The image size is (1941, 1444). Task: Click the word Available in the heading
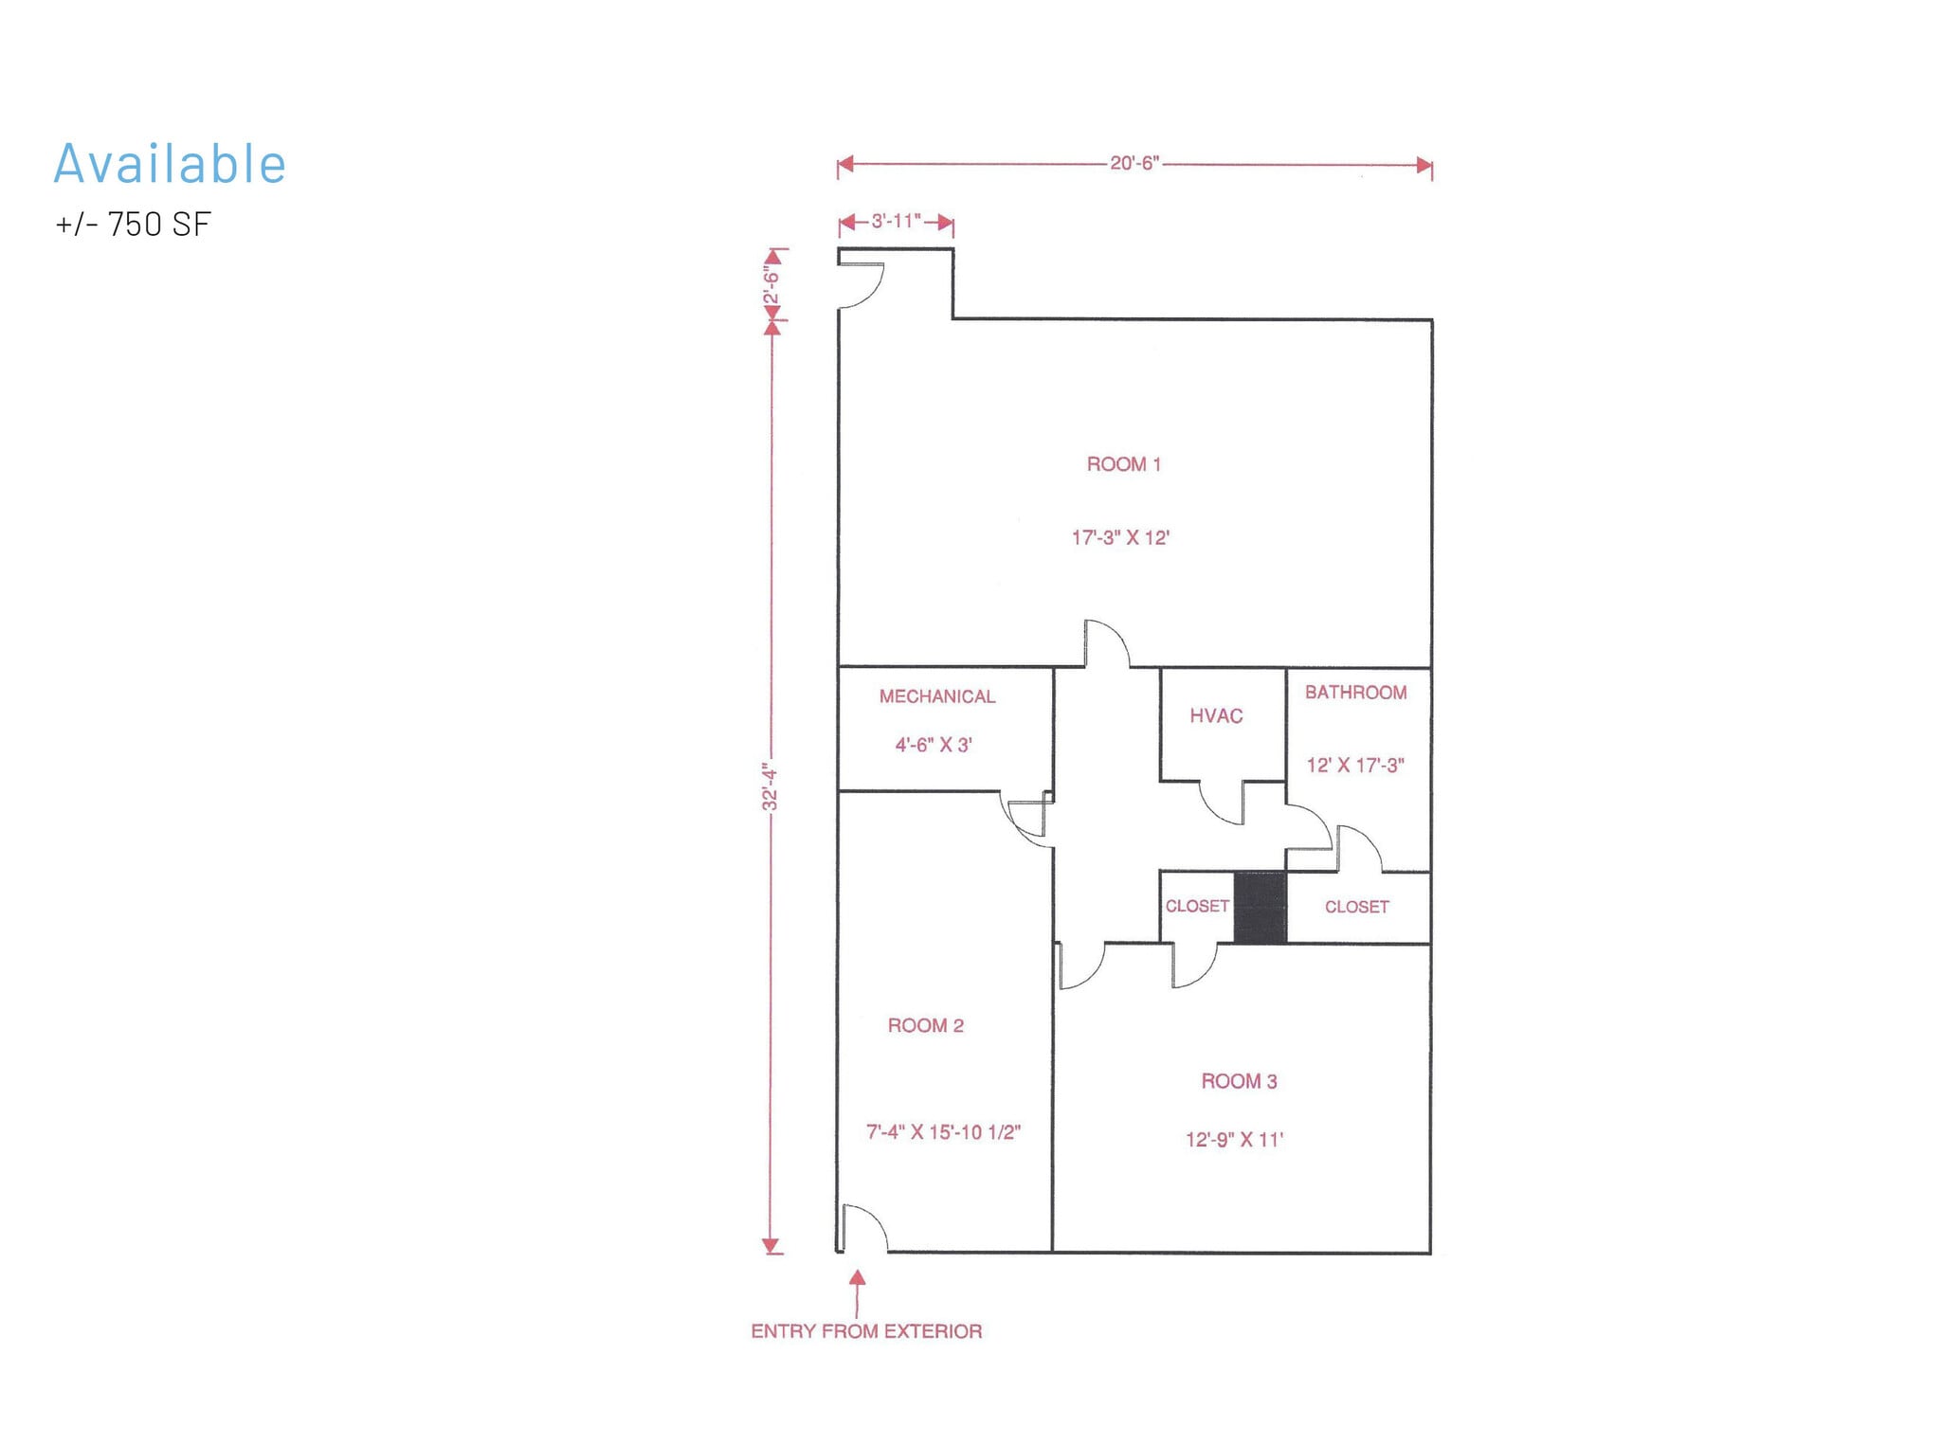click(170, 164)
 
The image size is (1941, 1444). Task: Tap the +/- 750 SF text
click(133, 225)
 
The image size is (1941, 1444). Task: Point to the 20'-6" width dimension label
click(1134, 163)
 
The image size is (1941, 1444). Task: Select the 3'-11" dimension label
click(896, 221)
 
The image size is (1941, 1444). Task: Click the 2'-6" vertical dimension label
click(771, 286)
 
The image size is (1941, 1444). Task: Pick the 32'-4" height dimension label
click(771, 786)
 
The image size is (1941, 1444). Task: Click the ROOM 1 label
click(1123, 464)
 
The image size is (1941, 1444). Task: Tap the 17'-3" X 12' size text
click(1120, 537)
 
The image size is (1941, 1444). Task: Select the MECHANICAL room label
click(936, 696)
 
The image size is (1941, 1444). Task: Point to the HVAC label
click(1216, 716)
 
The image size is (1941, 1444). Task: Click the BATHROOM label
click(1355, 693)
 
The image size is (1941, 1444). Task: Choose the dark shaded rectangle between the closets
click(1260, 908)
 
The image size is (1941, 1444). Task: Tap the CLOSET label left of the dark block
click(1196, 907)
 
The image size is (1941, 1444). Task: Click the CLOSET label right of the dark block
click(1356, 908)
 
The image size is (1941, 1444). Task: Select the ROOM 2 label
click(925, 1025)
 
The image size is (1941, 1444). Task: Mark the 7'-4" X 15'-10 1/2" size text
click(943, 1132)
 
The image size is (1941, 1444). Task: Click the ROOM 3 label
click(1239, 1081)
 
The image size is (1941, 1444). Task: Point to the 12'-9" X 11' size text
click(1234, 1140)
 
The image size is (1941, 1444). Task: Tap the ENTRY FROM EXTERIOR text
click(866, 1331)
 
